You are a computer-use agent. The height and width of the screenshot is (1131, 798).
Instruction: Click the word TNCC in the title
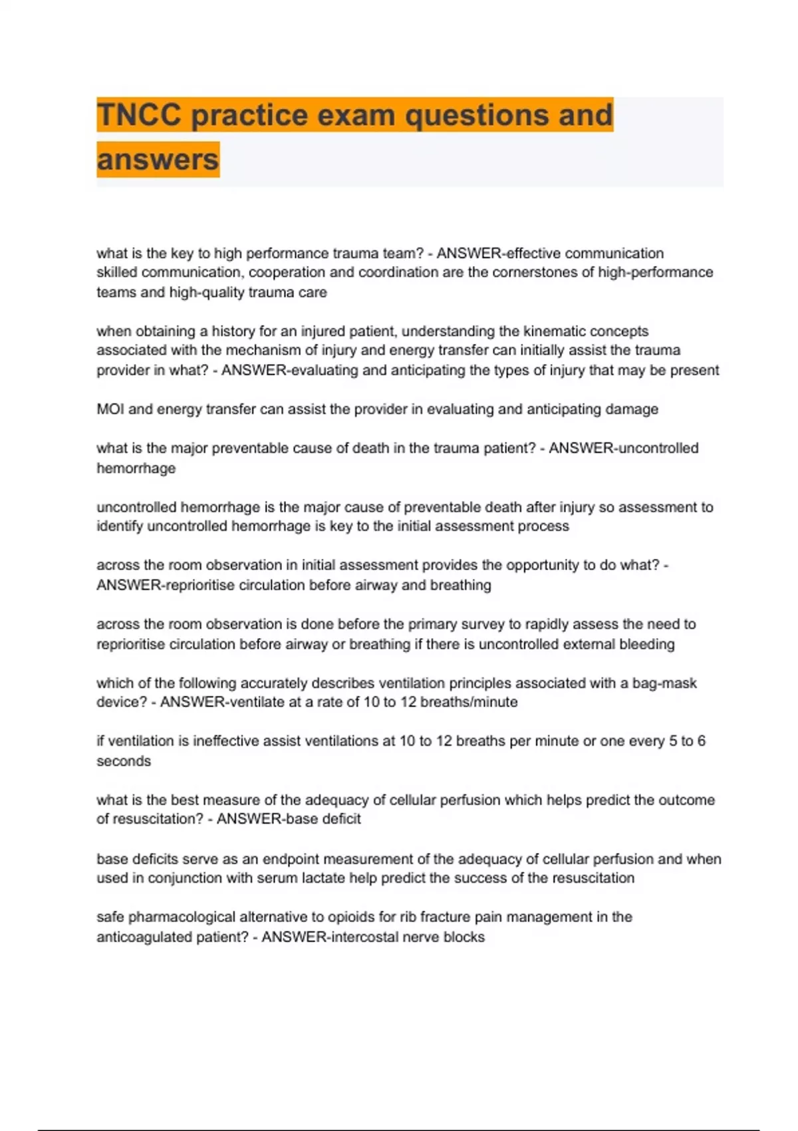(139, 115)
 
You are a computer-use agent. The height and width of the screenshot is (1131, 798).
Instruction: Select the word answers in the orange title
(158, 160)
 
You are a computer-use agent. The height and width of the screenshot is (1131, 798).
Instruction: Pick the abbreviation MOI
(110, 409)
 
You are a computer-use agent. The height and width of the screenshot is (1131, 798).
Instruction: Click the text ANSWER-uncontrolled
(624, 448)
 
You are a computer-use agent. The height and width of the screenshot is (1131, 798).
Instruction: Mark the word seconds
(124, 761)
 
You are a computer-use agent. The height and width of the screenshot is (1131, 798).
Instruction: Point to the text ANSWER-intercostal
(333, 937)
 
